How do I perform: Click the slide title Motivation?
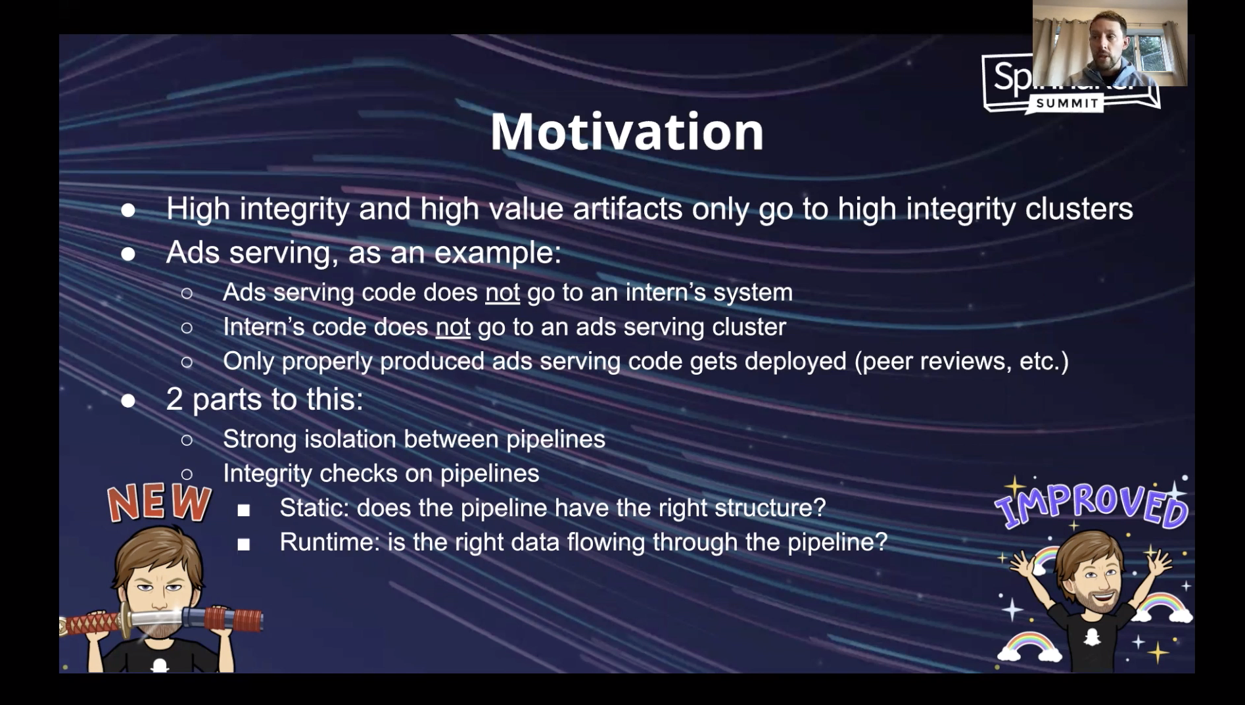coord(626,132)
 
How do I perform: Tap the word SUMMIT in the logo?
coord(1068,103)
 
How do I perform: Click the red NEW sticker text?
coord(159,503)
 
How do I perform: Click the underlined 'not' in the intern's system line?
coord(502,293)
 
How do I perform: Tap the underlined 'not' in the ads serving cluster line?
coord(453,327)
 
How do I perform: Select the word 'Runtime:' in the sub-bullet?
coord(330,542)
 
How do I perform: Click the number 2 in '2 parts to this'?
coord(174,399)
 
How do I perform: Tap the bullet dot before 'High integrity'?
coord(128,210)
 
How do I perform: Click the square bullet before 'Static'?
coord(244,510)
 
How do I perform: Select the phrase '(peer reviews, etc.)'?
coord(962,361)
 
